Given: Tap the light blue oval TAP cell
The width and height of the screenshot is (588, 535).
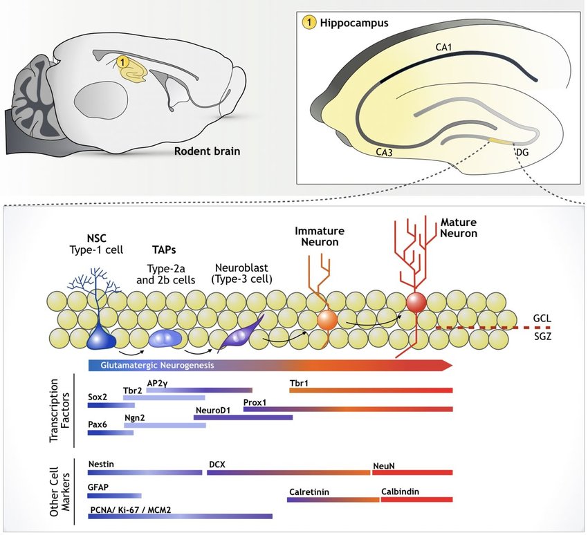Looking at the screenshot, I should coord(165,338).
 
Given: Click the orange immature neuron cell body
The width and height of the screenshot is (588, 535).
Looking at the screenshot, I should coord(327,320).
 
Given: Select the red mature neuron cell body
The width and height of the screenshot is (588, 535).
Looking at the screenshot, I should coord(416,302).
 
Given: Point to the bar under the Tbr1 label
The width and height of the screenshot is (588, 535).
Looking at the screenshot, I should coord(371,391).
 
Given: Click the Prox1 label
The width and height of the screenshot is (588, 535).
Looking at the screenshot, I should coord(255,402).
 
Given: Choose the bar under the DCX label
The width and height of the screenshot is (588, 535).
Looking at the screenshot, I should coord(288,473).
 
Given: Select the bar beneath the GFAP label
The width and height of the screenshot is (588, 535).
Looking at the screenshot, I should coord(115,496).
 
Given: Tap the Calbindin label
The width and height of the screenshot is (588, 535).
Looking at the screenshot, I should coord(399,492).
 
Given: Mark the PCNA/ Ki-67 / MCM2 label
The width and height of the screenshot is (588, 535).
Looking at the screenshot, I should coord(130,509).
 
